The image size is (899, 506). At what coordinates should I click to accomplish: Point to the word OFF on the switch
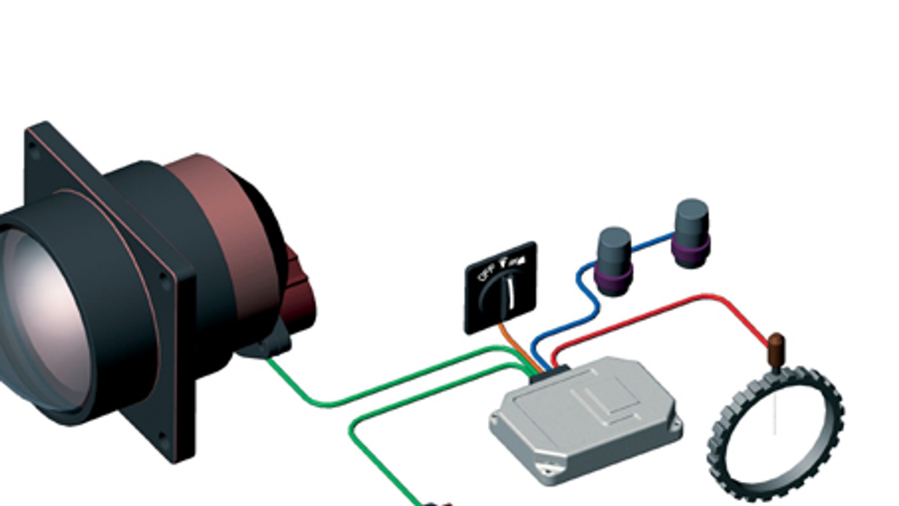pos(486,272)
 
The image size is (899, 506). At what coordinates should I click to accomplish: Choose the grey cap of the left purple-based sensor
pos(614,248)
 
